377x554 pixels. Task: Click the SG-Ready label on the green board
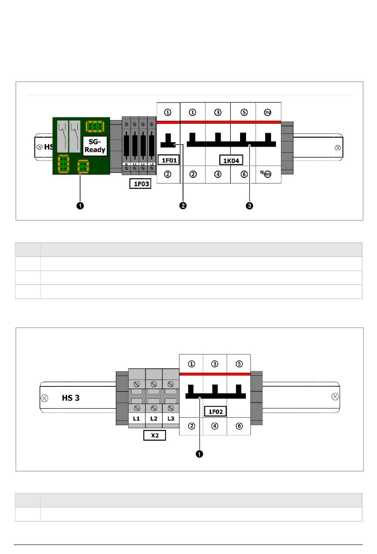(95, 146)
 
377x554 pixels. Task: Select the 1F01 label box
(169, 160)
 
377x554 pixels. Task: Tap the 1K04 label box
(231, 160)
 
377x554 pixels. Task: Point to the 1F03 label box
(140, 183)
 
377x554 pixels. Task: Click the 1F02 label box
(215, 411)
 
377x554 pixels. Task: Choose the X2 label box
(154, 435)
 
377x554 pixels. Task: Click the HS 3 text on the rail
(71, 398)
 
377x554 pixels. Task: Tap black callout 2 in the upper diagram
(183, 206)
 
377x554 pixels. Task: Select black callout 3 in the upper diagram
(249, 206)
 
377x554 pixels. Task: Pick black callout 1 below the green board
(80, 206)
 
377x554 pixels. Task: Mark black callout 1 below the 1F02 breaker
(199, 454)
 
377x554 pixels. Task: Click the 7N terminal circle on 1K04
(268, 113)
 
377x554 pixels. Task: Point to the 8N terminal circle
(267, 174)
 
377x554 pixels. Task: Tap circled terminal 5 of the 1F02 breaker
(239, 364)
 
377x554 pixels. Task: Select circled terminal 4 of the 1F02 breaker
(215, 426)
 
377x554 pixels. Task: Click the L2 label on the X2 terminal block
(154, 418)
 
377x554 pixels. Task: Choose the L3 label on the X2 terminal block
(171, 418)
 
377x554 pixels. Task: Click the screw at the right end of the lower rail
(335, 397)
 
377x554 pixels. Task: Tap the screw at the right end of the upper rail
(338, 148)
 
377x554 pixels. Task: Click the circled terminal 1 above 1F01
(168, 113)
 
